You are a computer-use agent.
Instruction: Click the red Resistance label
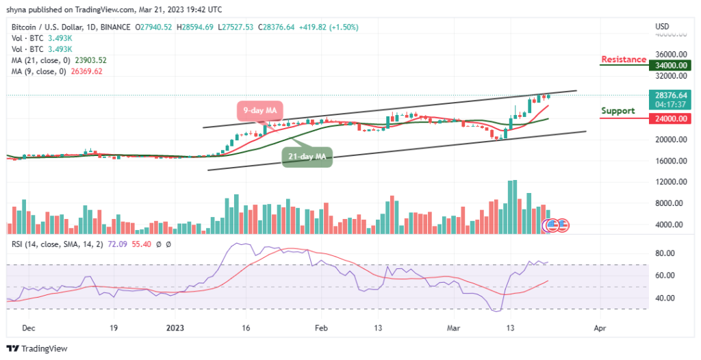click(x=623, y=60)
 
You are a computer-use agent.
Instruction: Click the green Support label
click(x=617, y=111)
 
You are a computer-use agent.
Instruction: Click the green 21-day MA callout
click(x=306, y=157)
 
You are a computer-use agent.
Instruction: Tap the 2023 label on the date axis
click(x=177, y=329)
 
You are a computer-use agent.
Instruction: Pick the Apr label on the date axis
click(x=600, y=329)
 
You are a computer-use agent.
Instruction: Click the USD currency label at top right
click(x=662, y=27)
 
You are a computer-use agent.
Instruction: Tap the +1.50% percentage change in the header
click(x=344, y=27)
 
